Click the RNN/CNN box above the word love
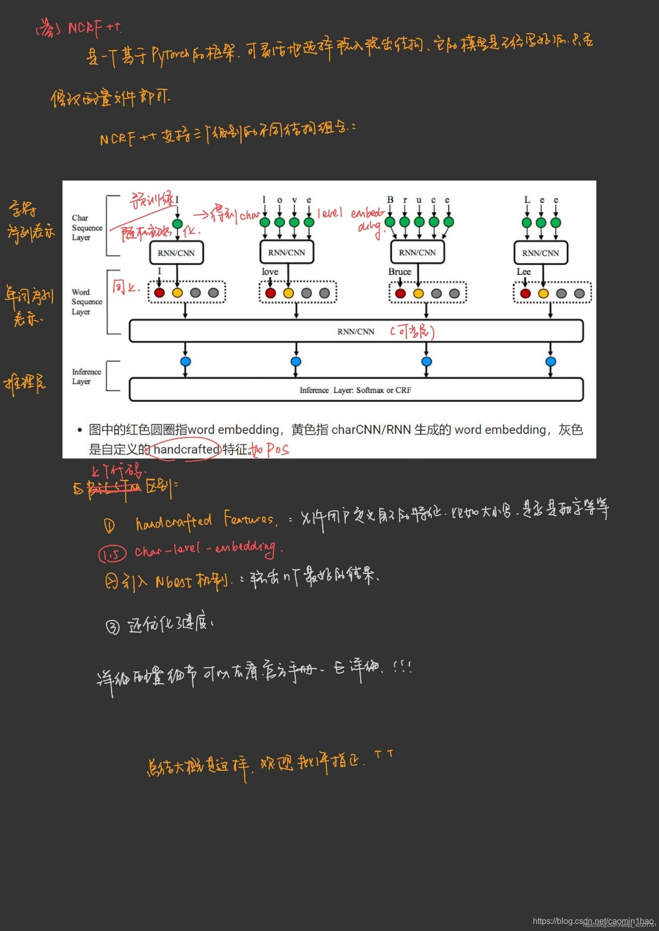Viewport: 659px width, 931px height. click(x=286, y=252)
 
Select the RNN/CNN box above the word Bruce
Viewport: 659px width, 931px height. click(x=417, y=252)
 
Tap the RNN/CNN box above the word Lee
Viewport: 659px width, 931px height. click(x=540, y=253)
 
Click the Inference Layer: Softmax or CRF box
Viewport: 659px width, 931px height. click(x=355, y=390)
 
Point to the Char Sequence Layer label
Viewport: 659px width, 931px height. click(x=87, y=228)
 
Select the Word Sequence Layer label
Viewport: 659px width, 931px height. click(x=87, y=302)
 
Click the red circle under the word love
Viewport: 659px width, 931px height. click(x=270, y=293)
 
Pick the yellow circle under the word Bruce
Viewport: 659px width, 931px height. click(x=418, y=293)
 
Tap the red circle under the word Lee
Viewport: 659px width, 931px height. click(x=525, y=293)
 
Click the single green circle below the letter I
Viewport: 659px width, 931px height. click(x=177, y=224)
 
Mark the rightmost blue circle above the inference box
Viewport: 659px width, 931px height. click(x=551, y=361)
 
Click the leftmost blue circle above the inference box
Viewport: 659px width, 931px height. click(x=185, y=361)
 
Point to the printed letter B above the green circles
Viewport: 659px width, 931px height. click(x=390, y=200)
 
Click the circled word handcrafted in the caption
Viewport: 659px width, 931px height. click(x=186, y=449)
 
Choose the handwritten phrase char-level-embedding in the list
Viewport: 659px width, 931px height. click(x=205, y=548)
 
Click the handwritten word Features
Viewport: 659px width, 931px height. click(x=250, y=519)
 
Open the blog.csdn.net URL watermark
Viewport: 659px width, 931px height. click(x=593, y=921)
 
